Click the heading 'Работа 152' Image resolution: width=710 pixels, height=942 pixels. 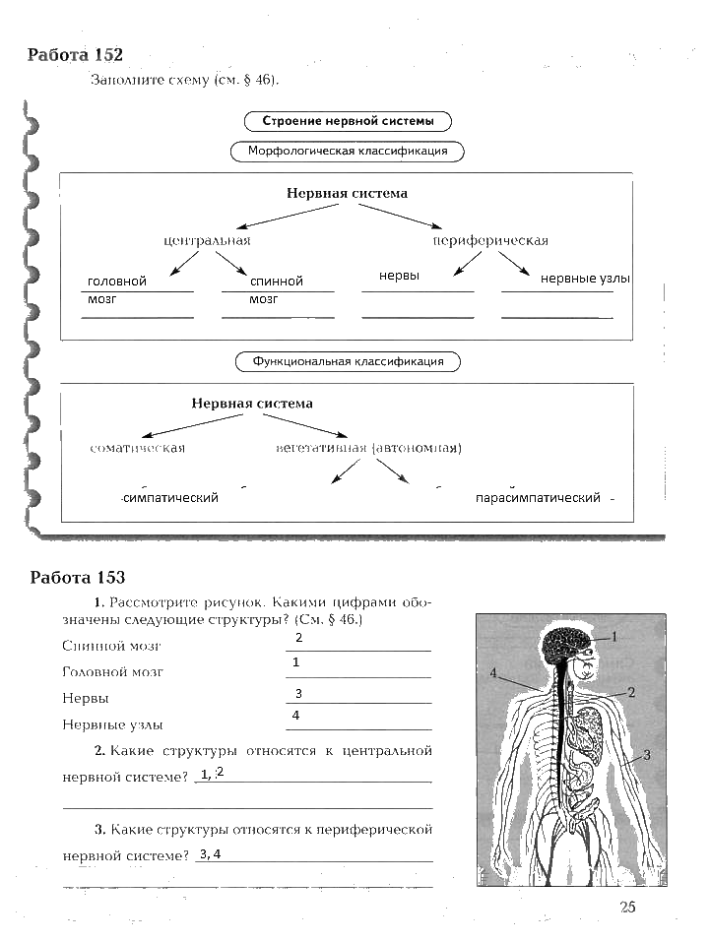click(x=76, y=55)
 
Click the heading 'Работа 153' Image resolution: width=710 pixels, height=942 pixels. click(x=78, y=578)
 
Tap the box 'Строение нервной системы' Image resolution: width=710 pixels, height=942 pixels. click(x=347, y=122)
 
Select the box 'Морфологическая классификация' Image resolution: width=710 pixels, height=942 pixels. click(x=348, y=152)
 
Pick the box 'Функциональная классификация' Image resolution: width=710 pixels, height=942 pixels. click(x=348, y=361)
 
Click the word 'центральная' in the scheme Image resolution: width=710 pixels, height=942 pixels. click(x=207, y=240)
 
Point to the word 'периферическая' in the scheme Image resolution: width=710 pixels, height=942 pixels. click(x=490, y=240)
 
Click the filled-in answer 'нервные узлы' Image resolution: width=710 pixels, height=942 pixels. click(x=584, y=279)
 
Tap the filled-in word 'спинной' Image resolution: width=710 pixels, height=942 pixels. click(x=276, y=282)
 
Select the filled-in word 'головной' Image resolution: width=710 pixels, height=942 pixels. click(x=116, y=282)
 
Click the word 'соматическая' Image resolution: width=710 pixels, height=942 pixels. click(x=137, y=448)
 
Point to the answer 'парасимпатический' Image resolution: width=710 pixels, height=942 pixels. click(x=537, y=498)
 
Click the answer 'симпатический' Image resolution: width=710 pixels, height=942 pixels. click(x=170, y=498)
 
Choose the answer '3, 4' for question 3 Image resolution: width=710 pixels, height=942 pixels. click(x=209, y=853)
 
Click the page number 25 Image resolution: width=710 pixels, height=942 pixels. click(x=627, y=908)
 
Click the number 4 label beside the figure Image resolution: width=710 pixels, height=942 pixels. click(x=492, y=674)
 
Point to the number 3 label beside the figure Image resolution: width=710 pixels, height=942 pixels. click(x=648, y=755)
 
